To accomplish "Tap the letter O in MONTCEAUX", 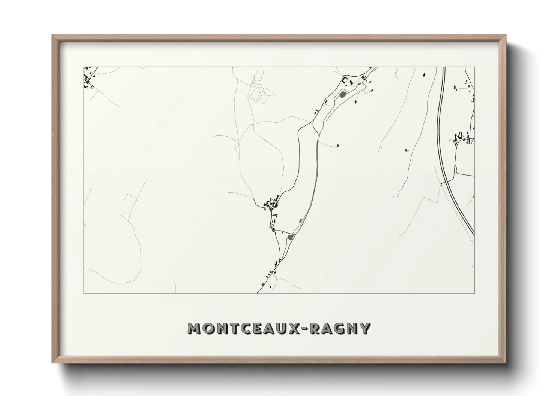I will (208, 328).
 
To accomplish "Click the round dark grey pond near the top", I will (342, 94).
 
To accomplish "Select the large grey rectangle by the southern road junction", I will (289, 237).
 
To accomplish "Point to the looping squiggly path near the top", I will (259, 92).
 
